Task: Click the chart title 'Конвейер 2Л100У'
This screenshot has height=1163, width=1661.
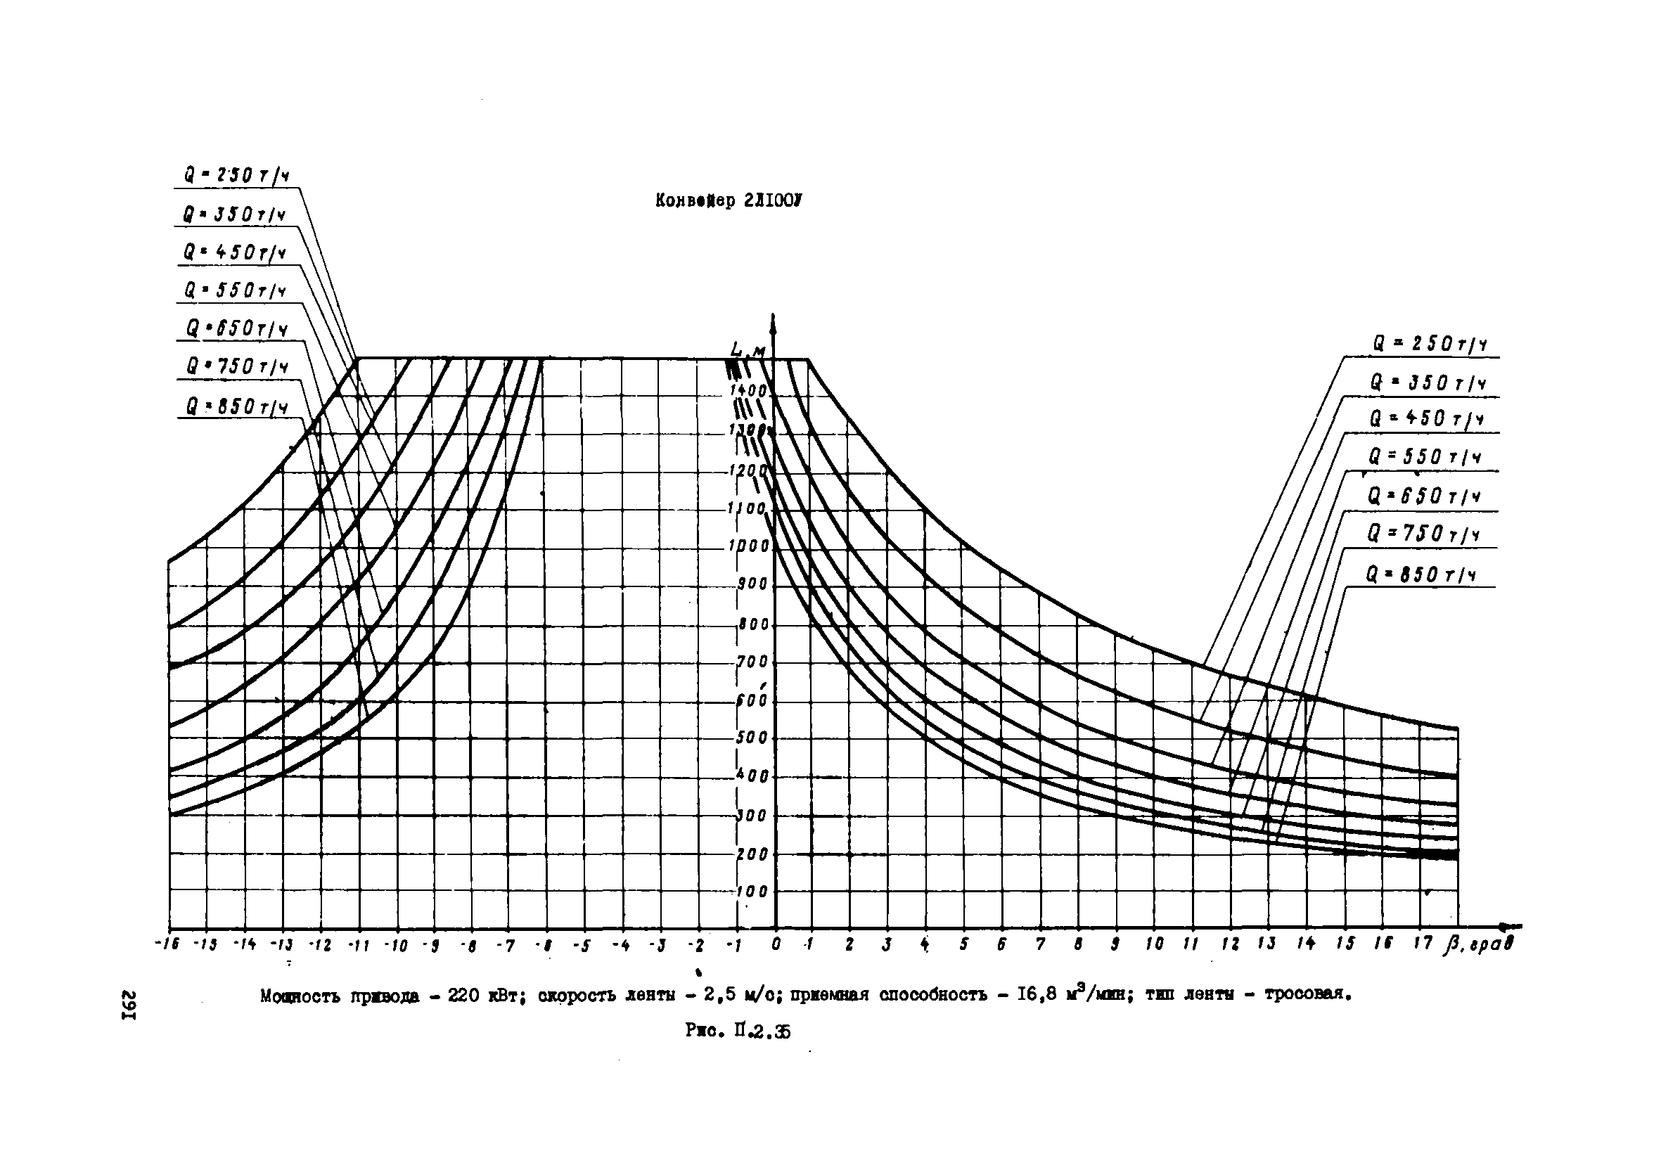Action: tap(728, 201)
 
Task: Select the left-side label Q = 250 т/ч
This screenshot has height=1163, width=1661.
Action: tap(236, 176)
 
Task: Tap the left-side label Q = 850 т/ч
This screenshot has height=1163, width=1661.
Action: tap(236, 407)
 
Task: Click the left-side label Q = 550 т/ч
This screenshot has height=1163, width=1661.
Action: tap(235, 292)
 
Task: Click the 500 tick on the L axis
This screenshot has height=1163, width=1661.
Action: tap(752, 738)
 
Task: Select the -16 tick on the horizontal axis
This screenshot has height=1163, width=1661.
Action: tap(167, 945)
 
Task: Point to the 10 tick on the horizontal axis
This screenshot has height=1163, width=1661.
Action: tap(1155, 944)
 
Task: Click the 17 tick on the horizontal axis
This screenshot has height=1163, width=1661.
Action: tap(1423, 943)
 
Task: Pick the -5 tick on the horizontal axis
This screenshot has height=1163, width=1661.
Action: tap(583, 945)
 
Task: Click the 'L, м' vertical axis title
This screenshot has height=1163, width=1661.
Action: tap(748, 352)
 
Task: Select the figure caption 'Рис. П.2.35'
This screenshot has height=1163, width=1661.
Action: tap(738, 1032)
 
